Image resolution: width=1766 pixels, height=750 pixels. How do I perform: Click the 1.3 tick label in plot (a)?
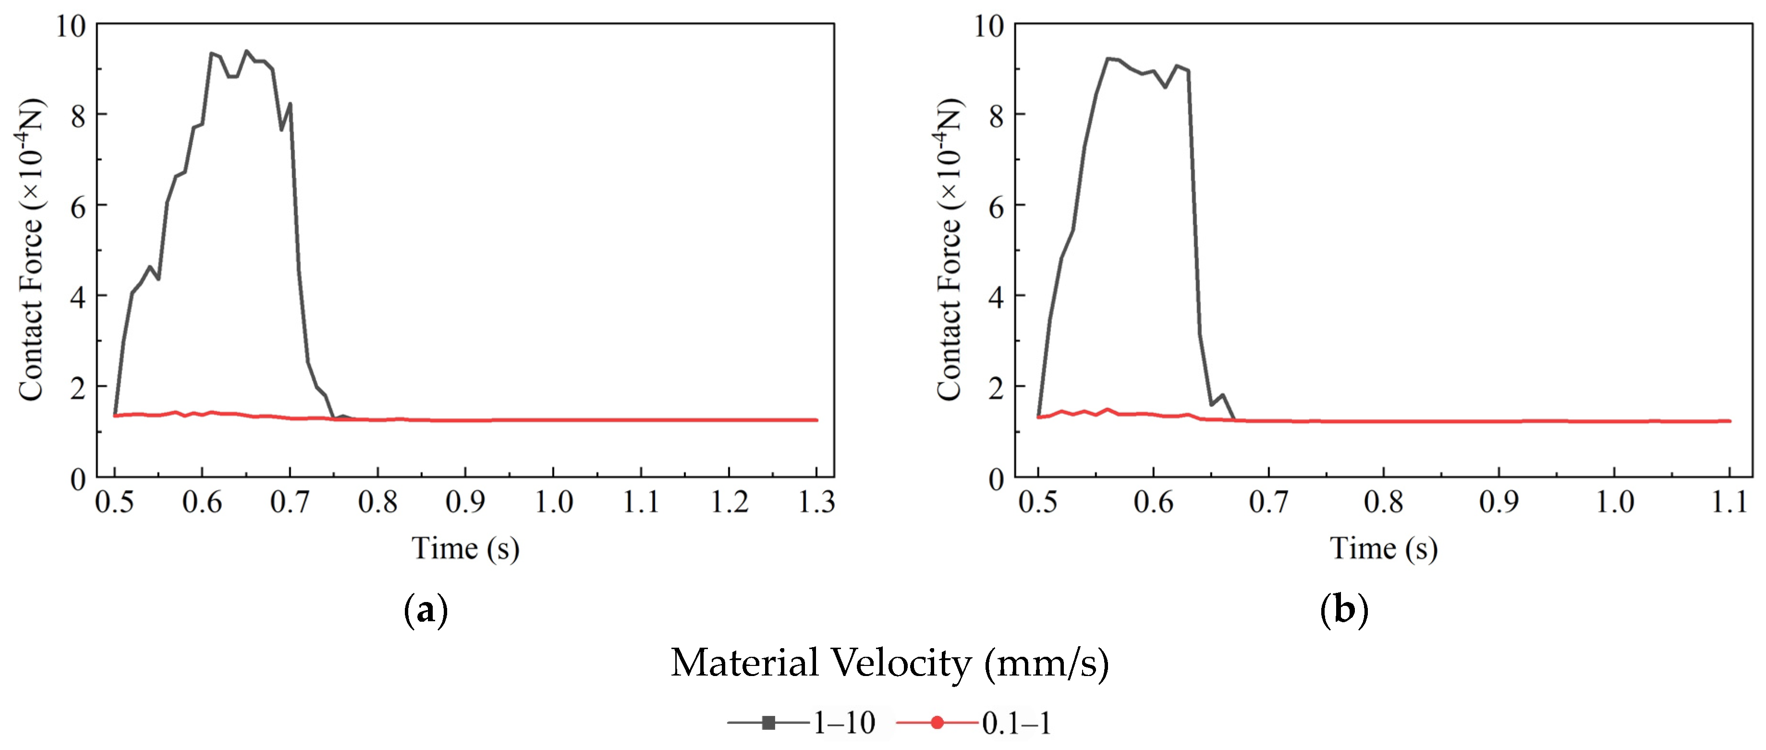click(x=816, y=503)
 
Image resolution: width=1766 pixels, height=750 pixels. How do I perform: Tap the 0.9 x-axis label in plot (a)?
click(x=465, y=503)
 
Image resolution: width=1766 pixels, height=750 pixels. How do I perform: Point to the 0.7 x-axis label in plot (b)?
click(x=1268, y=503)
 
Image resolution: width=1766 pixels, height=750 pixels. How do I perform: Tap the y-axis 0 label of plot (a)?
click(x=78, y=479)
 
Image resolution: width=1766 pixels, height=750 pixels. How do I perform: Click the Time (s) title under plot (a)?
click(x=465, y=548)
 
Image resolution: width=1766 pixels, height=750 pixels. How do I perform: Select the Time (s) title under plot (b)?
click(x=1384, y=548)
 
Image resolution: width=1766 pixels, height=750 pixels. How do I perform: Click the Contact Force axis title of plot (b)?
click(x=950, y=250)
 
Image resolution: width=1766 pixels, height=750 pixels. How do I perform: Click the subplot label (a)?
click(x=426, y=609)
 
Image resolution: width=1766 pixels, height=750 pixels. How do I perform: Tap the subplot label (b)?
click(x=1344, y=609)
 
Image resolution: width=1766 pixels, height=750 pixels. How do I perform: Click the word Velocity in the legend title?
click(x=903, y=663)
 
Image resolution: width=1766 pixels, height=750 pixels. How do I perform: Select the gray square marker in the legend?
click(x=768, y=723)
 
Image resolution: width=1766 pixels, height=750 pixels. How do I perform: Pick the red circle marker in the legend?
click(x=937, y=723)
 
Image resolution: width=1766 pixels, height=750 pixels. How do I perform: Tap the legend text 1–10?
click(x=844, y=723)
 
